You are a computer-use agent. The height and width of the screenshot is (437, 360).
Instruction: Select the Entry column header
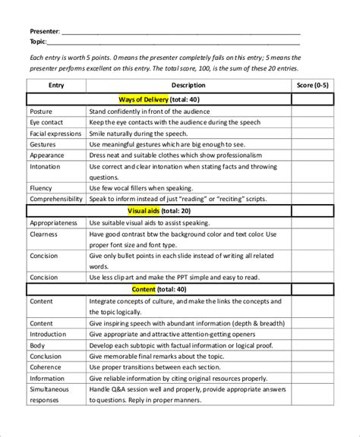tap(56, 86)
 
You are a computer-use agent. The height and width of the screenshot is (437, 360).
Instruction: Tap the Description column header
tap(188, 86)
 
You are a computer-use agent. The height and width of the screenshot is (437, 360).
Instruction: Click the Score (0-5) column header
tap(312, 86)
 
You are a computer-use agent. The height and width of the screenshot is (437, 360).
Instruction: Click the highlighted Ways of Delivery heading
tap(150, 99)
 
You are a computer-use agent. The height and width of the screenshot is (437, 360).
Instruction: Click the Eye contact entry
tap(46, 121)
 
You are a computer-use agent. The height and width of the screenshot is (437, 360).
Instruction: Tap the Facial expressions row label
tap(54, 132)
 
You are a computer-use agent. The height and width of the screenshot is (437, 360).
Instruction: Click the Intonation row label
tap(46, 165)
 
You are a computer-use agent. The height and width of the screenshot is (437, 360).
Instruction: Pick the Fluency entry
tap(42, 187)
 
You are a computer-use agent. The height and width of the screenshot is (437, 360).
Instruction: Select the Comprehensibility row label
tap(55, 198)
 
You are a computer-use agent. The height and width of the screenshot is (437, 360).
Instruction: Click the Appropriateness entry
tap(53, 223)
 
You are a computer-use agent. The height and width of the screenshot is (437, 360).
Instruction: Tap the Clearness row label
tap(44, 234)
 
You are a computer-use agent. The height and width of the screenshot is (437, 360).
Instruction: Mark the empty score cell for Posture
tap(312, 110)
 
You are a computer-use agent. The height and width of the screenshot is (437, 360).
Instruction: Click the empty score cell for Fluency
tap(312, 187)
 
